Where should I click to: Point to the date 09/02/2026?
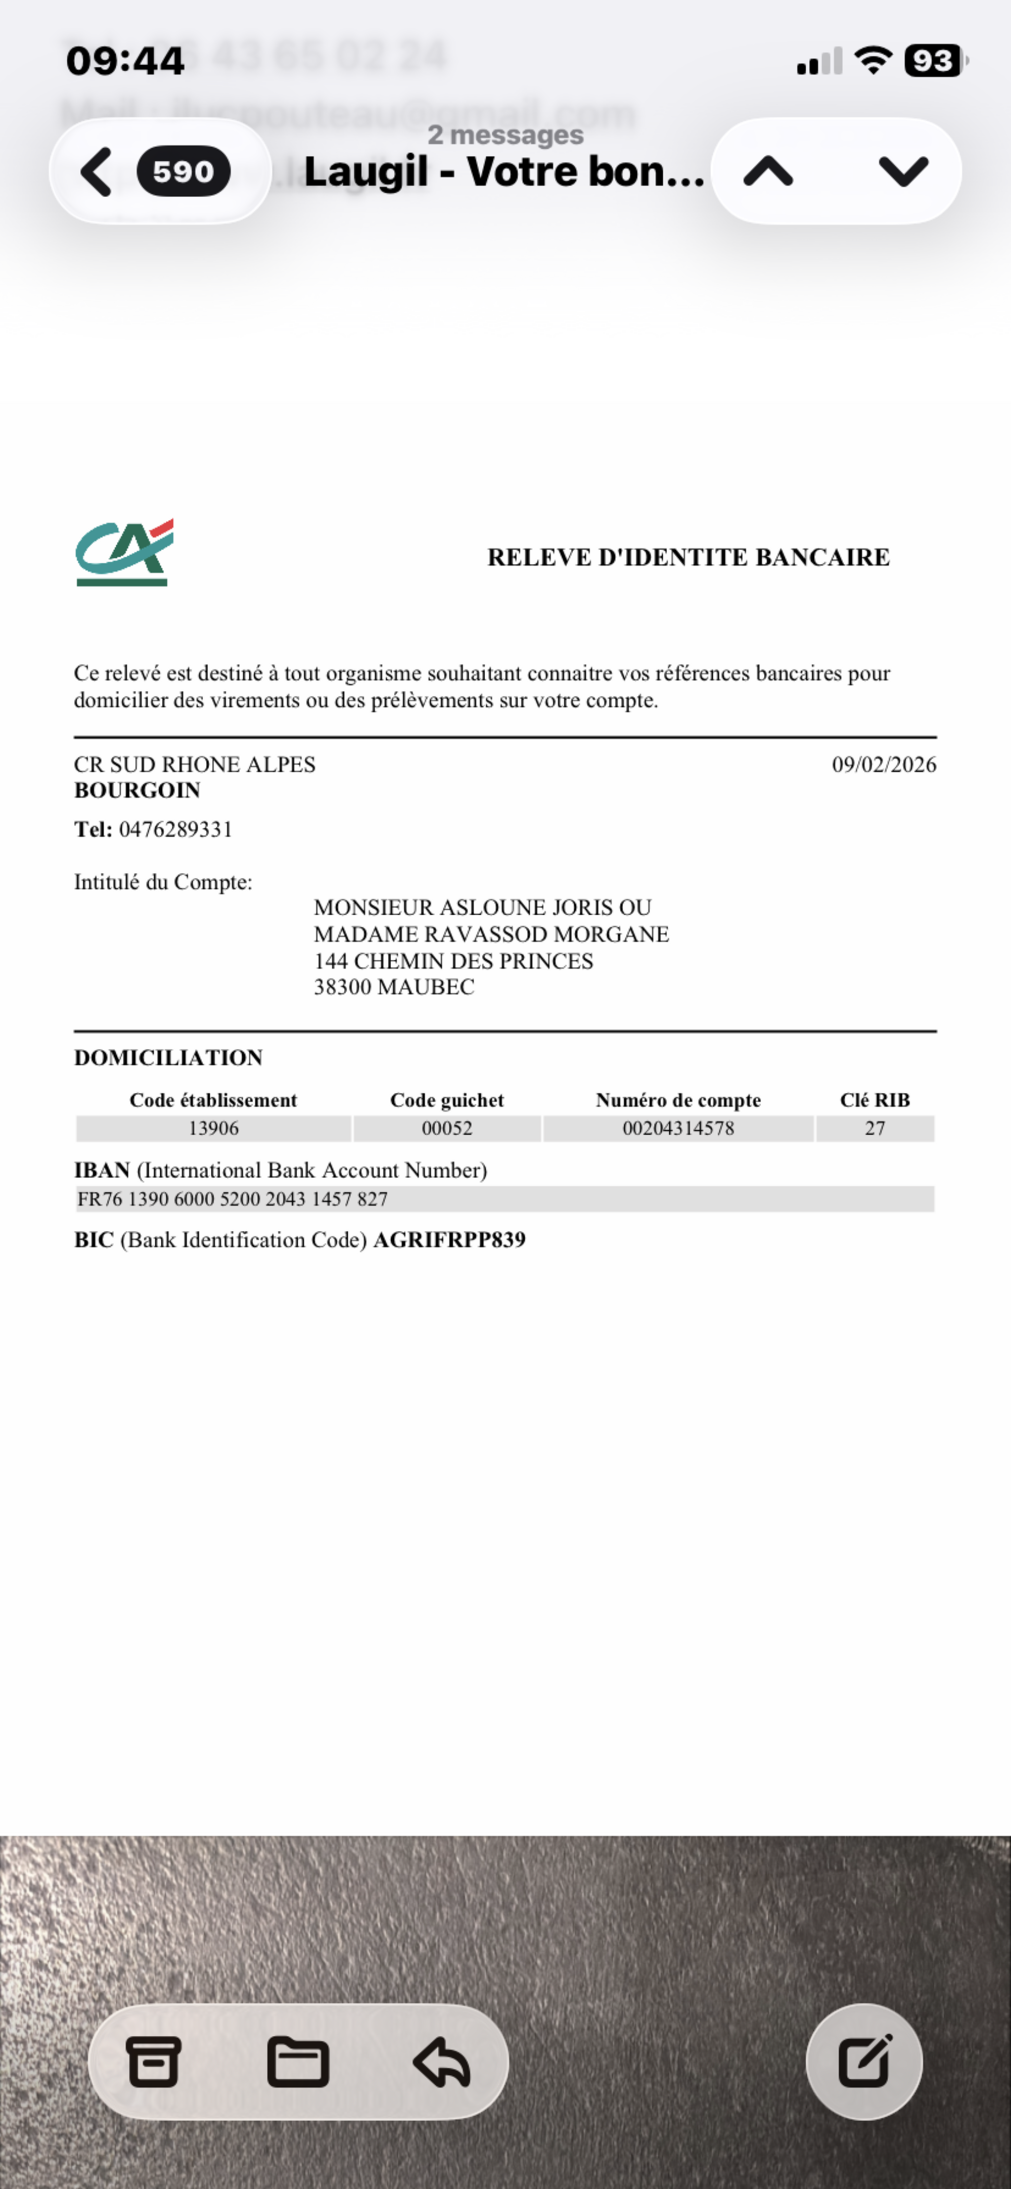pos(884,765)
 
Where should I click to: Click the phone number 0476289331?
pos(176,829)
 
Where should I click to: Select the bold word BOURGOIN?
pos(137,790)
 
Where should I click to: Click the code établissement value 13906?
pos(213,1129)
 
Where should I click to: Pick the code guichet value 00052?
pos(447,1129)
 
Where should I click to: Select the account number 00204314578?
pos(678,1129)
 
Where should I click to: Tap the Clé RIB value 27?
pos(875,1129)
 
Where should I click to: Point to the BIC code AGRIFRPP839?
pos(449,1240)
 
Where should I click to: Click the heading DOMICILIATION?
pos(168,1058)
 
